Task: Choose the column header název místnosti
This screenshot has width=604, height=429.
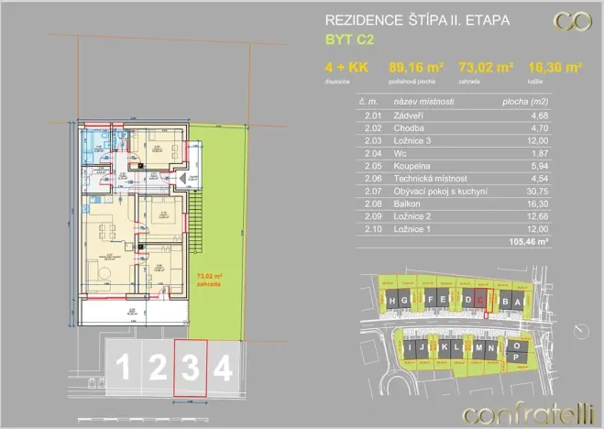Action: pyautogui.click(x=424, y=102)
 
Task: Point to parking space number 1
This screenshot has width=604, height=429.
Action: pyautogui.click(x=122, y=368)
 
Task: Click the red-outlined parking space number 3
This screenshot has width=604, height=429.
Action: pyautogui.click(x=190, y=368)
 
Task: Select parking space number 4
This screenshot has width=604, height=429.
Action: pyautogui.click(x=222, y=368)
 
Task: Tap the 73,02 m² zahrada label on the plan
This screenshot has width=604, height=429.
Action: pyautogui.click(x=211, y=276)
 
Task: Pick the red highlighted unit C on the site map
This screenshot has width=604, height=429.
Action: pyautogui.click(x=480, y=300)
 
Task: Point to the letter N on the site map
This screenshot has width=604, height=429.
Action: pyautogui.click(x=493, y=350)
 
